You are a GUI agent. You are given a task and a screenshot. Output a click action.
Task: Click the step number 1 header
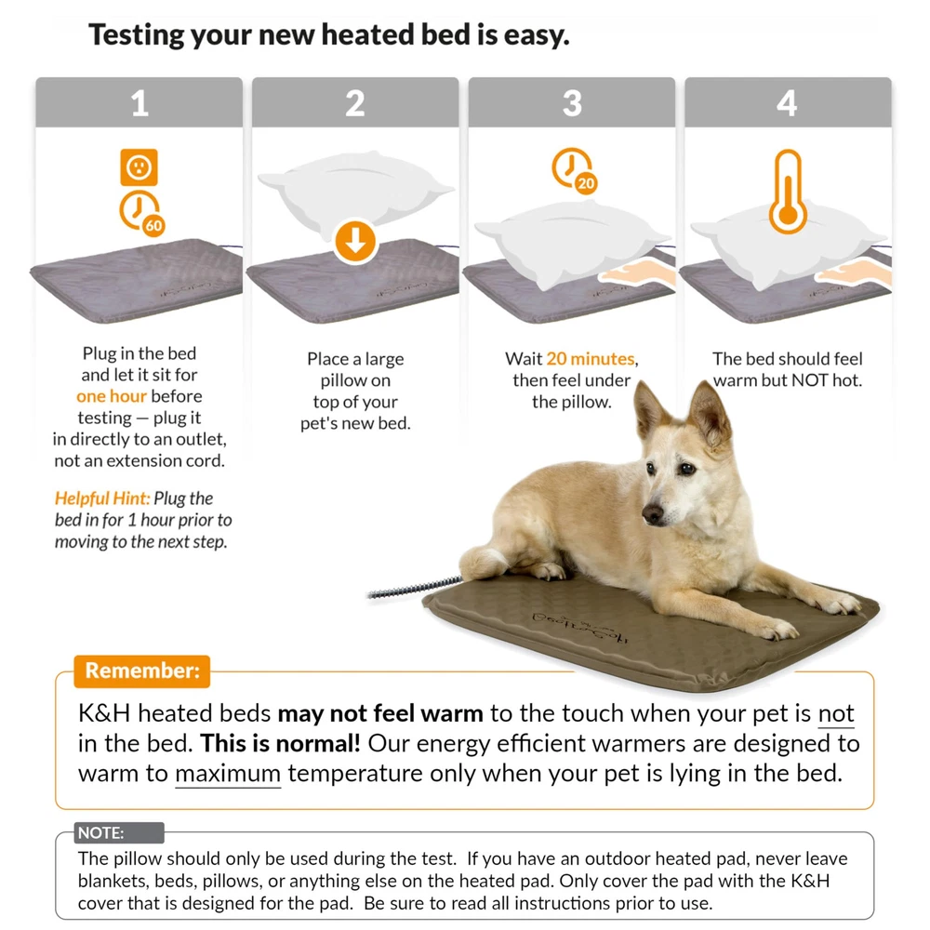pyautogui.click(x=139, y=102)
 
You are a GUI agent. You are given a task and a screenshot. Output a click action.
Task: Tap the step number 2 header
pyautogui.click(x=355, y=102)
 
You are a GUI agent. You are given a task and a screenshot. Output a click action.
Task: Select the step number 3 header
pyautogui.click(x=572, y=102)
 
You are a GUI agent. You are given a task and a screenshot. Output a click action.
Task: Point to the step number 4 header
pyautogui.click(x=788, y=102)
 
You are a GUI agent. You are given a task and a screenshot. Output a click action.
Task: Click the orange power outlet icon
pyautogui.click(x=139, y=167)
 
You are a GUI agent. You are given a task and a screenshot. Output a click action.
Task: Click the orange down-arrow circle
pyautogui.click(x=355, y=242)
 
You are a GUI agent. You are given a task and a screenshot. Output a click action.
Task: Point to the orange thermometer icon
pyautogui.click(x=788, y=191)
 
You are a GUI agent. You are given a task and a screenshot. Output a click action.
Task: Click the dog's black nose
pyautogui.click(x=653, y=513)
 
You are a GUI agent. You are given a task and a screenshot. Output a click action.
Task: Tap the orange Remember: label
pyautogui.click(x=142, y=671)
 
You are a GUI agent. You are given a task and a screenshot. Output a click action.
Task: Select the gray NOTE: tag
pyautogui.click(x=119, y=832)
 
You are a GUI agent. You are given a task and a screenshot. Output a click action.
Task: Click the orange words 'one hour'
pyautogui.click(x=112, y=396)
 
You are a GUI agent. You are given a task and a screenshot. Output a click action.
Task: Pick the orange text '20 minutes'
pyautogui.click(x=591, y=359)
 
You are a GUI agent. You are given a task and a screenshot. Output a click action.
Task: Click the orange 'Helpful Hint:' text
pyautogui.click(x=102, y=498)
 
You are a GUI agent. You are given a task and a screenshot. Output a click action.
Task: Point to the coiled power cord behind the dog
pyautogui.click(x=415, y=587)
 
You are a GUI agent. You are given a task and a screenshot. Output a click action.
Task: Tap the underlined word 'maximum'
pyautogui.click(x=228, y=774)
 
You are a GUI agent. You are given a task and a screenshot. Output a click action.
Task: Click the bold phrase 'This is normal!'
pyautogui.click(x=280, y=743)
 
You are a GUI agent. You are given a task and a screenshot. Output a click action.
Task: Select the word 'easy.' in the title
pyautogui.click(x=537, y=35)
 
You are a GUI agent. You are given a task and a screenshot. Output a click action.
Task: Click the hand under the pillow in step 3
pyautogui.click(x=638, y=273)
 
